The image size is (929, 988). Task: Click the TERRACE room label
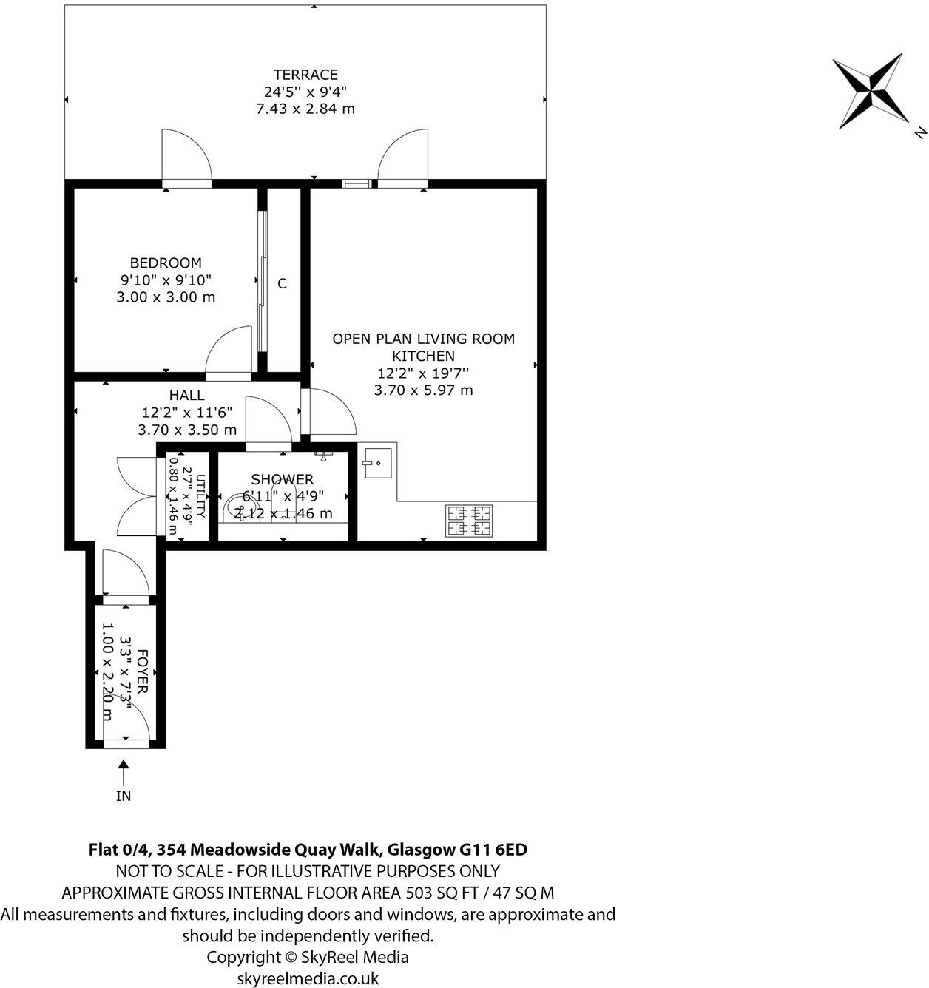[305, 75]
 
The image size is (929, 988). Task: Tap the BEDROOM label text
[166, 263]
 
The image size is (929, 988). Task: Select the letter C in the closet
[282, 284]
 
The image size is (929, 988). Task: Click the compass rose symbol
[870, 91]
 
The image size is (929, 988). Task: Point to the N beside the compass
[919, 133]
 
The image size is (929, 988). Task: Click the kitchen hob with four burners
[469, 520]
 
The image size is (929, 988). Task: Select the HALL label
[186, 396]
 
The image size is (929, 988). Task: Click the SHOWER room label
[283, 480]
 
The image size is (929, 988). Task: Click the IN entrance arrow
[124, 773]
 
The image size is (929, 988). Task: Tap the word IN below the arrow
[124, 796]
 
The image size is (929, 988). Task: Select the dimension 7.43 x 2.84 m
[305, 109]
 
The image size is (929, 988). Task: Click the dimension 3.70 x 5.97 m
[423, 390]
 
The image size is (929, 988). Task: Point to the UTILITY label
[200, 495]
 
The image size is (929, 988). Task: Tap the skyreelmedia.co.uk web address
[308, 978]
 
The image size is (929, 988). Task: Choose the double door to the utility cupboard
[136, 495]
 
